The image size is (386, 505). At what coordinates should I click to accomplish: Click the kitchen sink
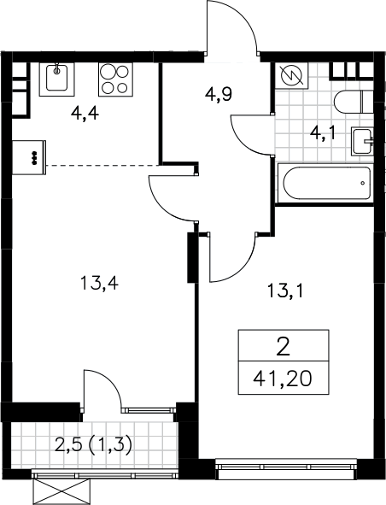pos(56,79)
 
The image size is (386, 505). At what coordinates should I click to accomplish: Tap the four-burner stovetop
pos(115,79)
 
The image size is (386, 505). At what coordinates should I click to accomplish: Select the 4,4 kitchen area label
pos(85,114)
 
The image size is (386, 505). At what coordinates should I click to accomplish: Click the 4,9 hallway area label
pos(219,94)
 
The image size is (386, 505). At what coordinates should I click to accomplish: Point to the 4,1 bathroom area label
pos(323,133)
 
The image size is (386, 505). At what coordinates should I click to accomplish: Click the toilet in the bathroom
pos(354,102)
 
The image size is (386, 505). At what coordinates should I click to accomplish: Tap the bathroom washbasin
pos(362,141)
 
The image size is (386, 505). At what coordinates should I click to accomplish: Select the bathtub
pos(325,183)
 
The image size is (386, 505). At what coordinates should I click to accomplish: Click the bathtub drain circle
pos(363,183)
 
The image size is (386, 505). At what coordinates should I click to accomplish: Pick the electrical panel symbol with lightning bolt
pos(292,75)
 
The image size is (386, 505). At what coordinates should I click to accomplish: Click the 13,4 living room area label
pos(100,284)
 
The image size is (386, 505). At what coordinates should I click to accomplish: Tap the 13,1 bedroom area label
pos(285,291)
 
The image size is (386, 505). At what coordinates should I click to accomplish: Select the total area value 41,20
pos(283,379)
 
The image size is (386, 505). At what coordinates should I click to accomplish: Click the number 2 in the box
pos(284,346)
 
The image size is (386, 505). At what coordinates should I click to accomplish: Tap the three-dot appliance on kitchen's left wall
pos(29,157)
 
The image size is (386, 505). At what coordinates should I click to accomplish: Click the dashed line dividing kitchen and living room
pos(102,165)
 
